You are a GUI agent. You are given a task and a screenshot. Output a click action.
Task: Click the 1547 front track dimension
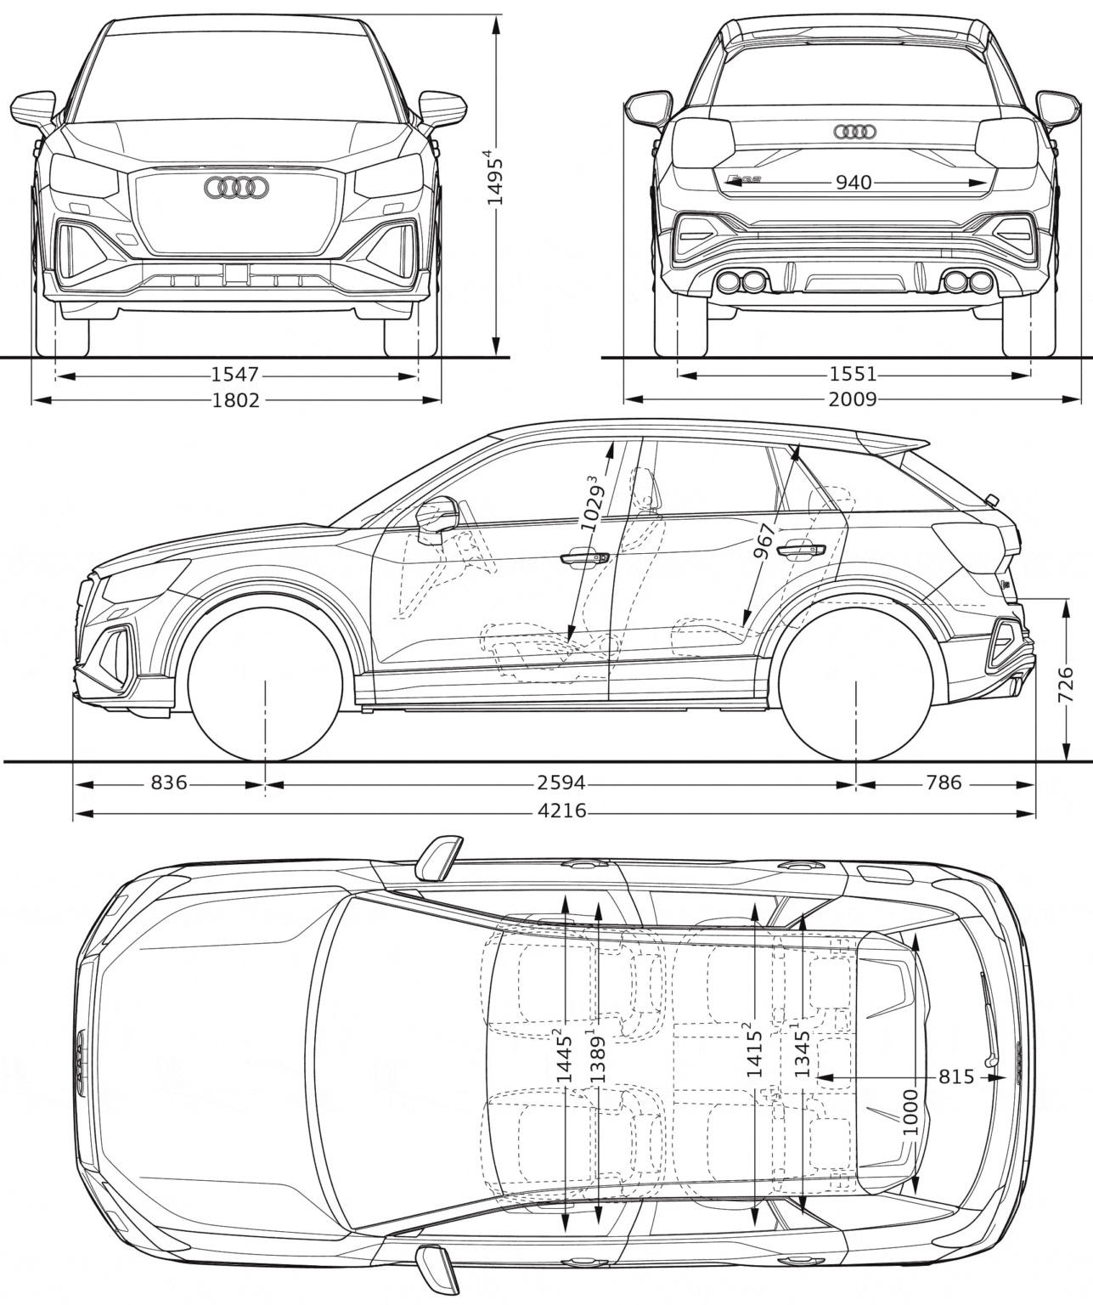(235, 374)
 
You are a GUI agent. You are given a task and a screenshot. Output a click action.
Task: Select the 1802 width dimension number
(235, 399)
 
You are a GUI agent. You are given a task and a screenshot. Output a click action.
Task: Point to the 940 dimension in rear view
(854, 182)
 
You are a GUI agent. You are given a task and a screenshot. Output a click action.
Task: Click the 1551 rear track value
(854, 374)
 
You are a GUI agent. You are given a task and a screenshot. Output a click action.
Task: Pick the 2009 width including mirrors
(854, 399)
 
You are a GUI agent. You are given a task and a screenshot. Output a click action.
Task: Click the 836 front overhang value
(169, 782)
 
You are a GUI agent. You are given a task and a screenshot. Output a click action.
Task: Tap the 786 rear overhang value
(943, 782)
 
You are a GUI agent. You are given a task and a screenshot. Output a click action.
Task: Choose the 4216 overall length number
(562, 811)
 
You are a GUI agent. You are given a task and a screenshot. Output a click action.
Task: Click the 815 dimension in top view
(955, 1076)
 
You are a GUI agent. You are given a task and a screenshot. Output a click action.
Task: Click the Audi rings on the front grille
(236, 189)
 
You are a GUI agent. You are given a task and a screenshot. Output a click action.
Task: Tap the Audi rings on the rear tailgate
(854, 132)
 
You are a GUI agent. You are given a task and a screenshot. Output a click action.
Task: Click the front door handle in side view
(584, 558)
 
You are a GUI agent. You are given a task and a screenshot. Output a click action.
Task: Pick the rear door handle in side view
(803, 550)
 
